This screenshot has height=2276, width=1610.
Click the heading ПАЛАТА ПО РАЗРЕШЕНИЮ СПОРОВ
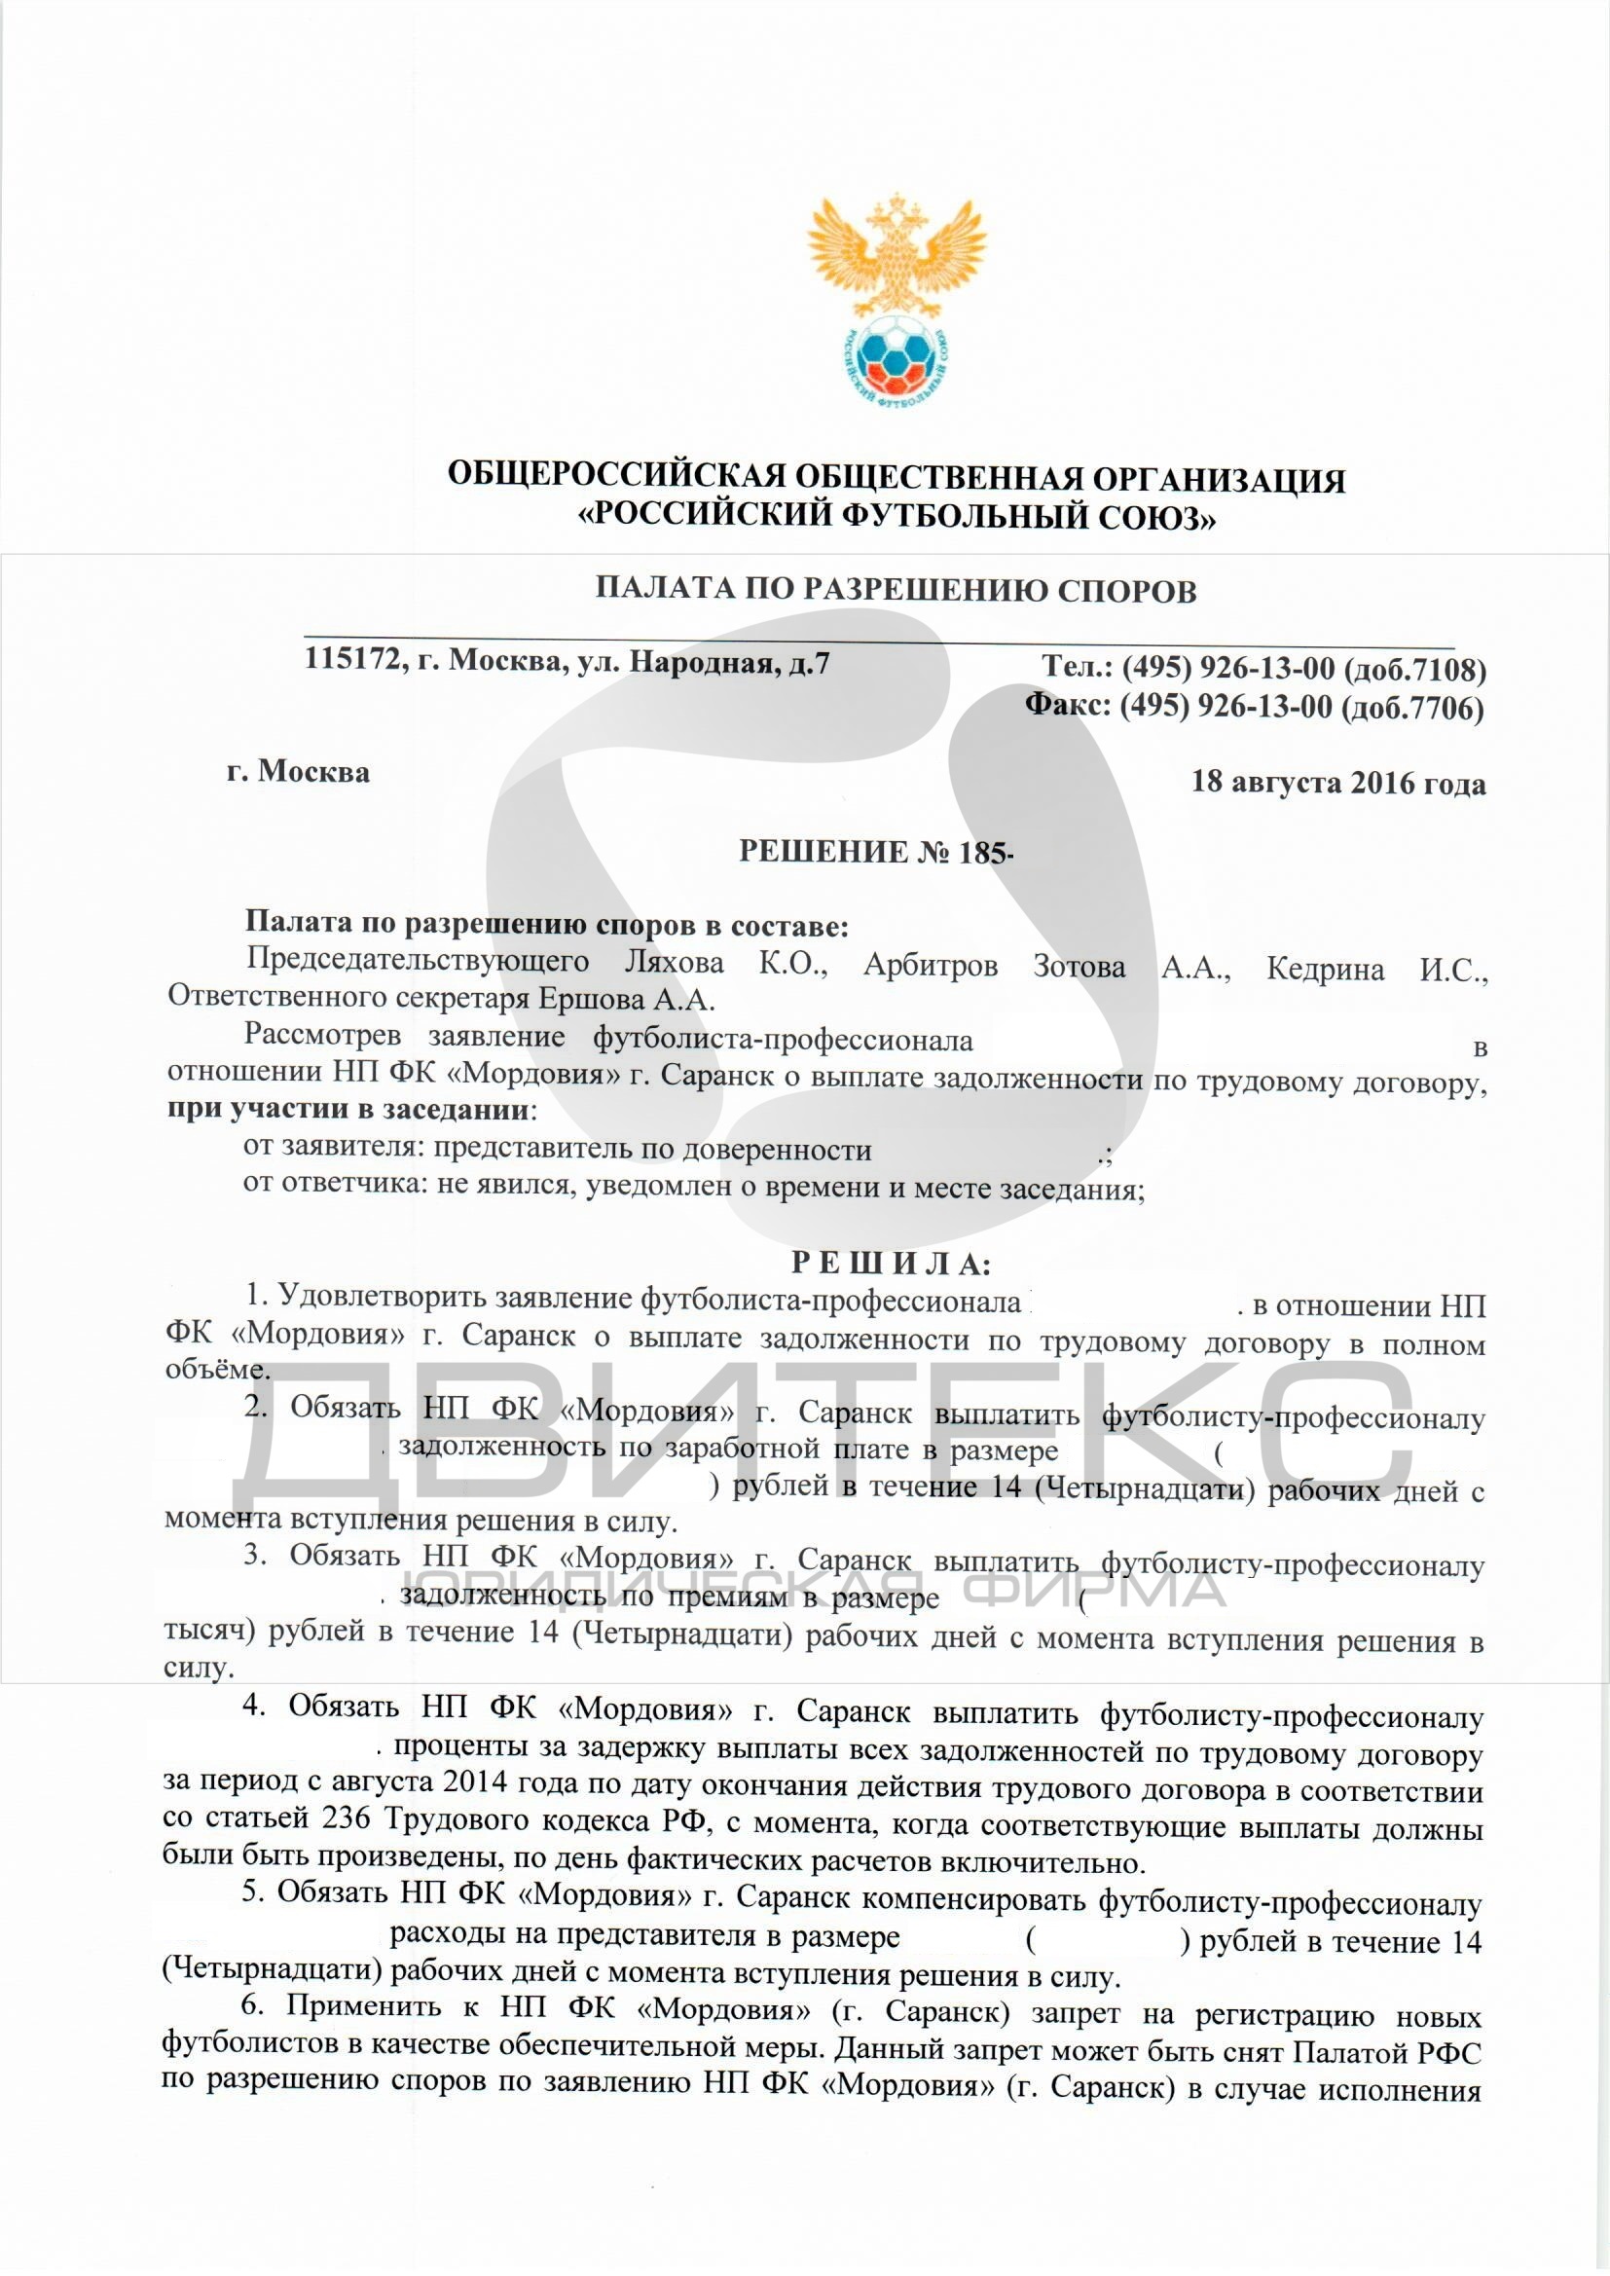896,591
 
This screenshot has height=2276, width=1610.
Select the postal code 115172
352,660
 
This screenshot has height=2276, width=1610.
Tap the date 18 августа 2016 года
1338,783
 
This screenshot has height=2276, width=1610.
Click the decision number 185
982,853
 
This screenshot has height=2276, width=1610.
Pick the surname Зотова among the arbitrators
1079,967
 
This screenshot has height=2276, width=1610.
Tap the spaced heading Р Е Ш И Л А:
891,1264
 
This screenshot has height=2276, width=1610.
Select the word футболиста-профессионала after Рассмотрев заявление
784,1040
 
